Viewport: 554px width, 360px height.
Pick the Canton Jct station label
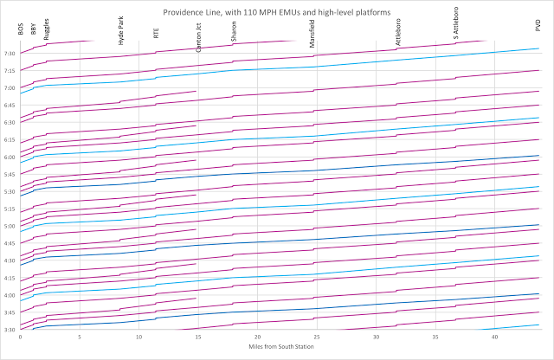click(198, 39)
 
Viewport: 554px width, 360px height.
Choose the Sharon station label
click(234, 33)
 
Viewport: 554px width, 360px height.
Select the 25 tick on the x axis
click(316, 337)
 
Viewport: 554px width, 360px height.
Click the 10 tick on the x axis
click(138, 337)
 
